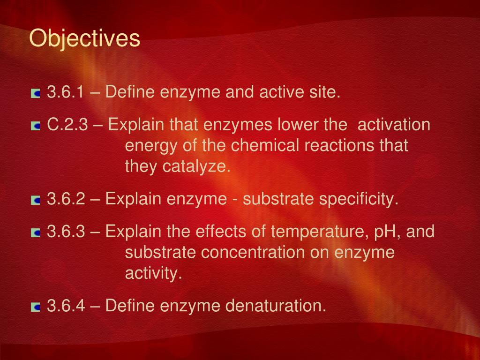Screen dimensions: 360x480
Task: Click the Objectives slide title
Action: click(x=84, y=39)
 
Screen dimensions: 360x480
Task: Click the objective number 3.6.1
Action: click(x=66, y=92)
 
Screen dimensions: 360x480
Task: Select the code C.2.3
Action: click(x=67, y=125)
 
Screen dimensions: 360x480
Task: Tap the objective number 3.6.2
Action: click(x=66, y=199)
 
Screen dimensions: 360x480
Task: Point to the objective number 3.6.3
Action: click(x=66, y=231)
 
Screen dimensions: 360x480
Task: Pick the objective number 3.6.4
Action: click(x=66, y=306)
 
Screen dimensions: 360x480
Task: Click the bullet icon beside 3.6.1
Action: click(x=36, y=94)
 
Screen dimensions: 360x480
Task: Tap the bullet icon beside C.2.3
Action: click(x=36, y=126)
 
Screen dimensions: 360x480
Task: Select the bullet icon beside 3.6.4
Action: click(x=36, y=307)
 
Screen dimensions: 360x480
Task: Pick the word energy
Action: click(x=151, y=146)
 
